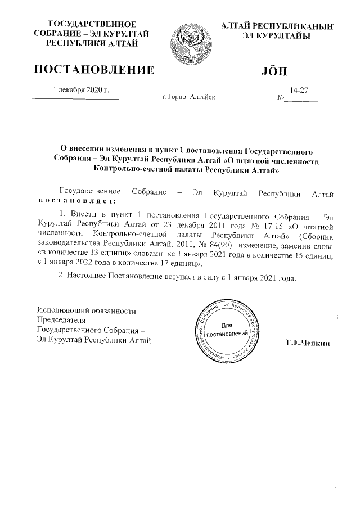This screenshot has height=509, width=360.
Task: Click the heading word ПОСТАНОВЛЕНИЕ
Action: [94, 70]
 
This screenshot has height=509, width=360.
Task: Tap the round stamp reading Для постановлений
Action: [227, 330]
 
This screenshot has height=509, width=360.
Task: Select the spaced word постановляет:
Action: [76, 201]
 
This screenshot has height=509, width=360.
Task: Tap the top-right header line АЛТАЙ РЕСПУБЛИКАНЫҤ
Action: [278, 26]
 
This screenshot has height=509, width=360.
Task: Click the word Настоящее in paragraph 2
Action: [92, 277]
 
